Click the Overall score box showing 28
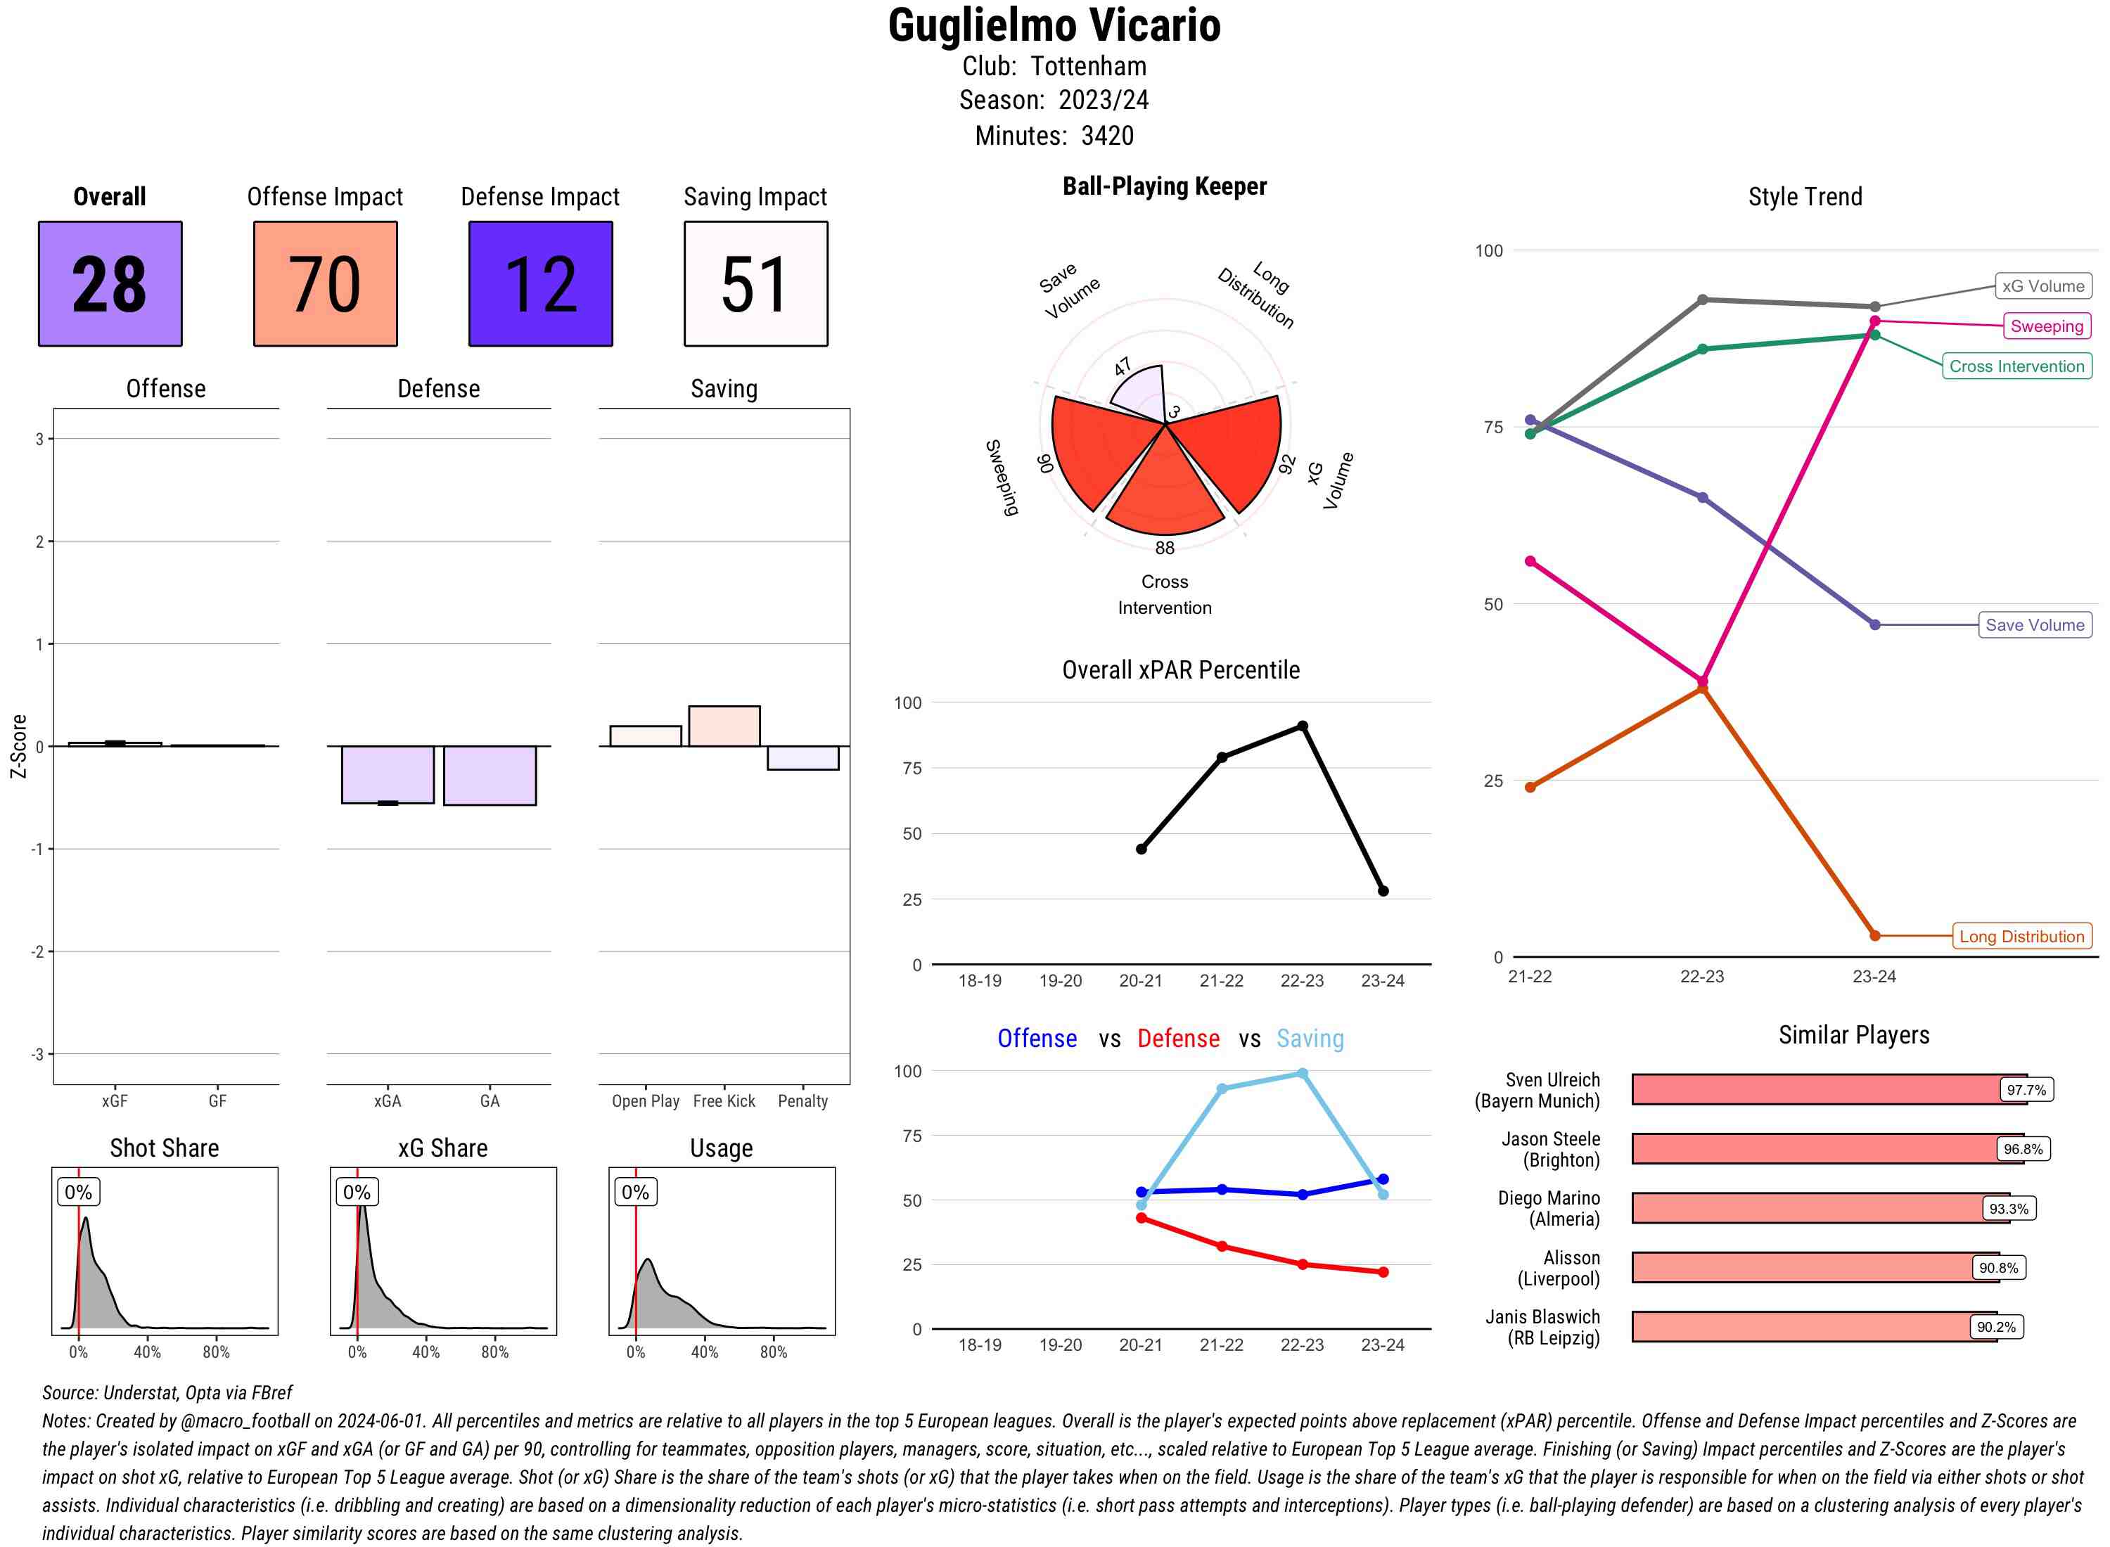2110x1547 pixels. (110, 284)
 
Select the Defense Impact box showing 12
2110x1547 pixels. (540, 284)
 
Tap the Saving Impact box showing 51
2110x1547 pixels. (756, 284)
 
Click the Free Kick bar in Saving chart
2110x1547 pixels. (724, 726)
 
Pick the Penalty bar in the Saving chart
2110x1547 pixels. (803, 757)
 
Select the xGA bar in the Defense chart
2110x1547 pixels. (388, 774)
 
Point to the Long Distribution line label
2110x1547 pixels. (2021, 937)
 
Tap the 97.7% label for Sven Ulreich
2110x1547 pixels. (2026, 1090)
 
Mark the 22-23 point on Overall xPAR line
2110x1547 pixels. (1302, 726)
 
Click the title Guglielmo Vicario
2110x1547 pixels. (1054, 25)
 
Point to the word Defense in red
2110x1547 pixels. (1178, 1039)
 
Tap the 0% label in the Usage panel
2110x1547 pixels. (635, 1192)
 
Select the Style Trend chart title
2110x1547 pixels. (1805, 197)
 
